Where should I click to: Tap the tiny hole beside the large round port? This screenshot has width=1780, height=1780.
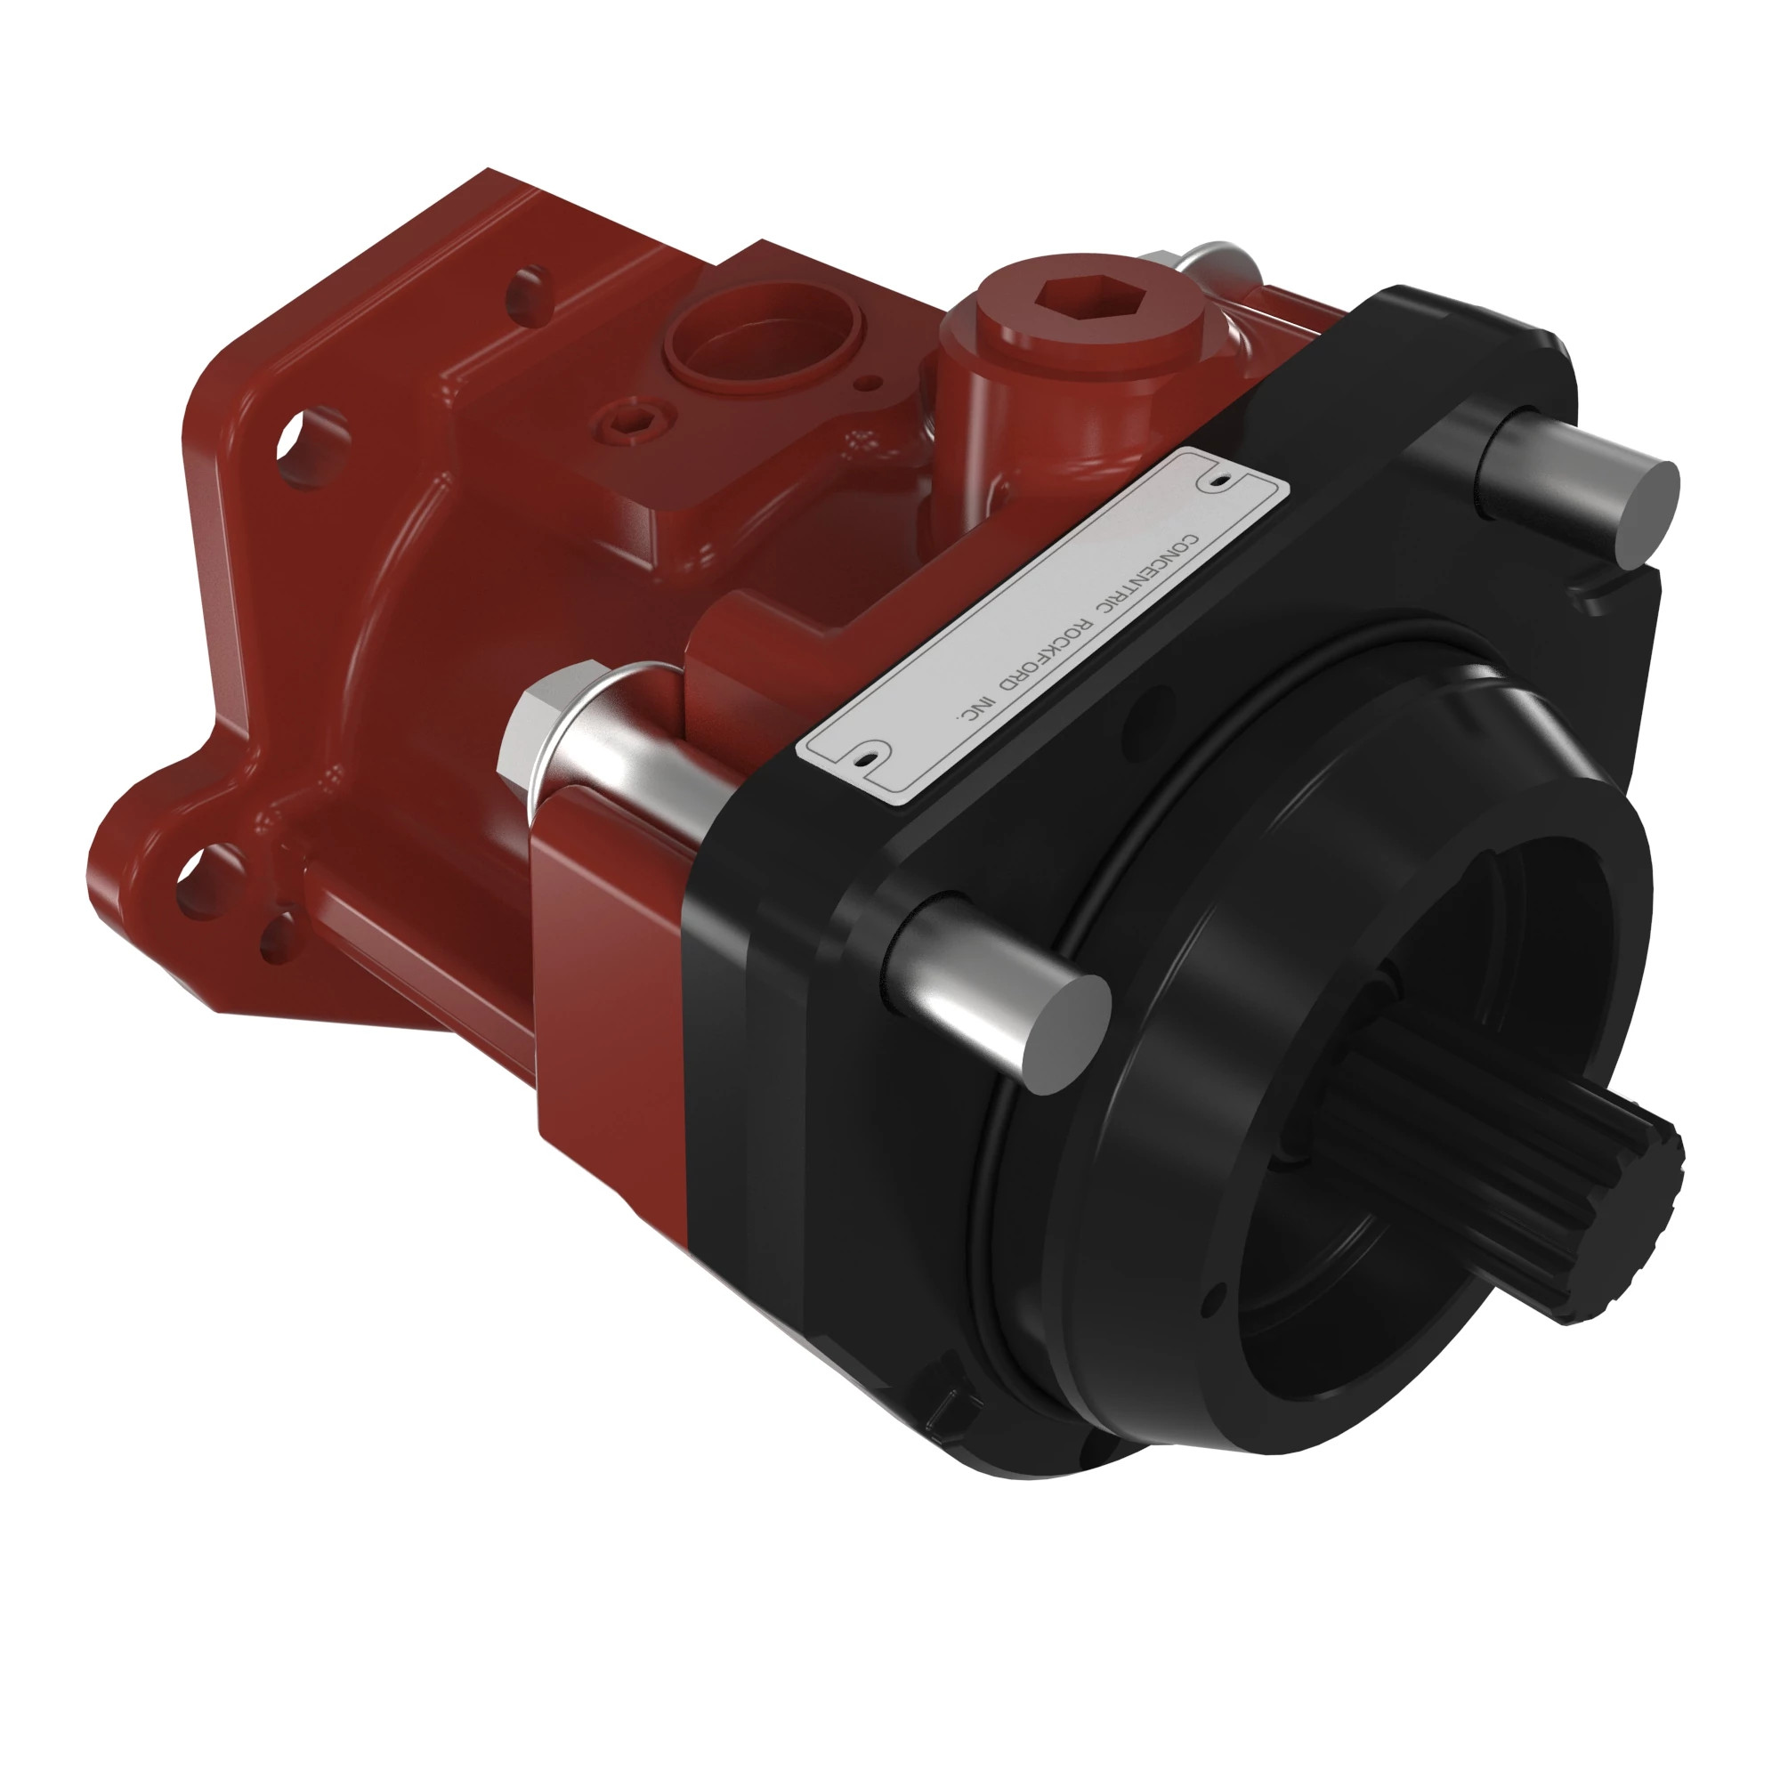(863, 382)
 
